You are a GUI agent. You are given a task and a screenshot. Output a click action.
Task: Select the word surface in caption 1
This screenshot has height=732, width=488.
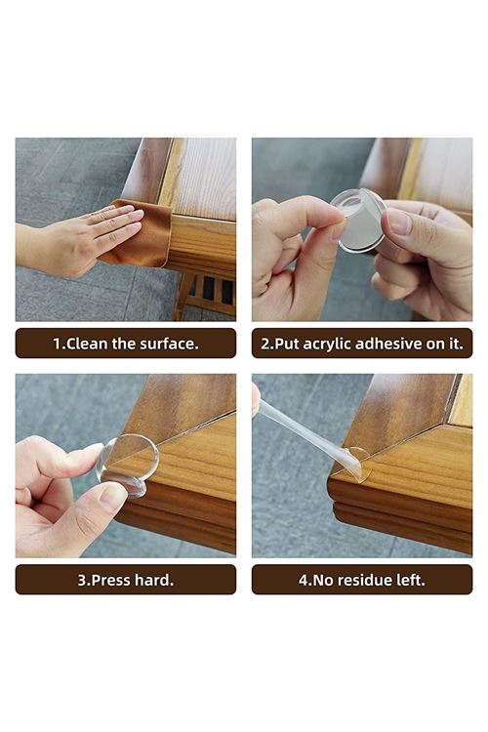point(175,343)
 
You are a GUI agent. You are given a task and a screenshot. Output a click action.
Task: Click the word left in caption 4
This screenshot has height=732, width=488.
point(409,579)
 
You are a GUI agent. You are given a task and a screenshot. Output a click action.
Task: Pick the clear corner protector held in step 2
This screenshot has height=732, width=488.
point(357,219)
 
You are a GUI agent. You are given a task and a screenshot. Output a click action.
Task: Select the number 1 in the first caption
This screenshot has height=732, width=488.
point(58,343)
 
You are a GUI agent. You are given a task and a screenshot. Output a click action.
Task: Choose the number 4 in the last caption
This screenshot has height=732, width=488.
point(303,579)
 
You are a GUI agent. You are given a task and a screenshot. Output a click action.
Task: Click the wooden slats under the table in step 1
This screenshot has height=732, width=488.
point(209,292)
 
